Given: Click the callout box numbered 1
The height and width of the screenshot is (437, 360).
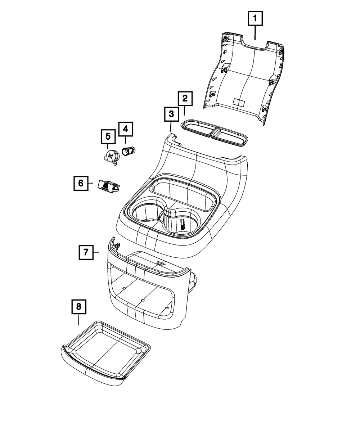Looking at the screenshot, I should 255,18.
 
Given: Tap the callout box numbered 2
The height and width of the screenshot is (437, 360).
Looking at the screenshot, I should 185,98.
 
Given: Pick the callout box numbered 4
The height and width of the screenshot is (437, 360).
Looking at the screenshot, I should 125,129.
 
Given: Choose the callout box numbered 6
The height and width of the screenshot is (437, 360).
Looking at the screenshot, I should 81,183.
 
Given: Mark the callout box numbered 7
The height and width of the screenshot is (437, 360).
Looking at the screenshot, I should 86,252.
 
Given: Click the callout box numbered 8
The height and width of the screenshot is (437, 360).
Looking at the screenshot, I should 79,307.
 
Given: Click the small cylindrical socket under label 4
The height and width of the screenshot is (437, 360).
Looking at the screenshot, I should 129,151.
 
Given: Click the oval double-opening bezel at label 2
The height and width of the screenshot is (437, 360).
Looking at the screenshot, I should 214,134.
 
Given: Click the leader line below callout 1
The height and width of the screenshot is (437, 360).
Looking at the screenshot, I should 255,32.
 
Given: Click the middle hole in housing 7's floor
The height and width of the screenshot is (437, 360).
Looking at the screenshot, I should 143,299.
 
